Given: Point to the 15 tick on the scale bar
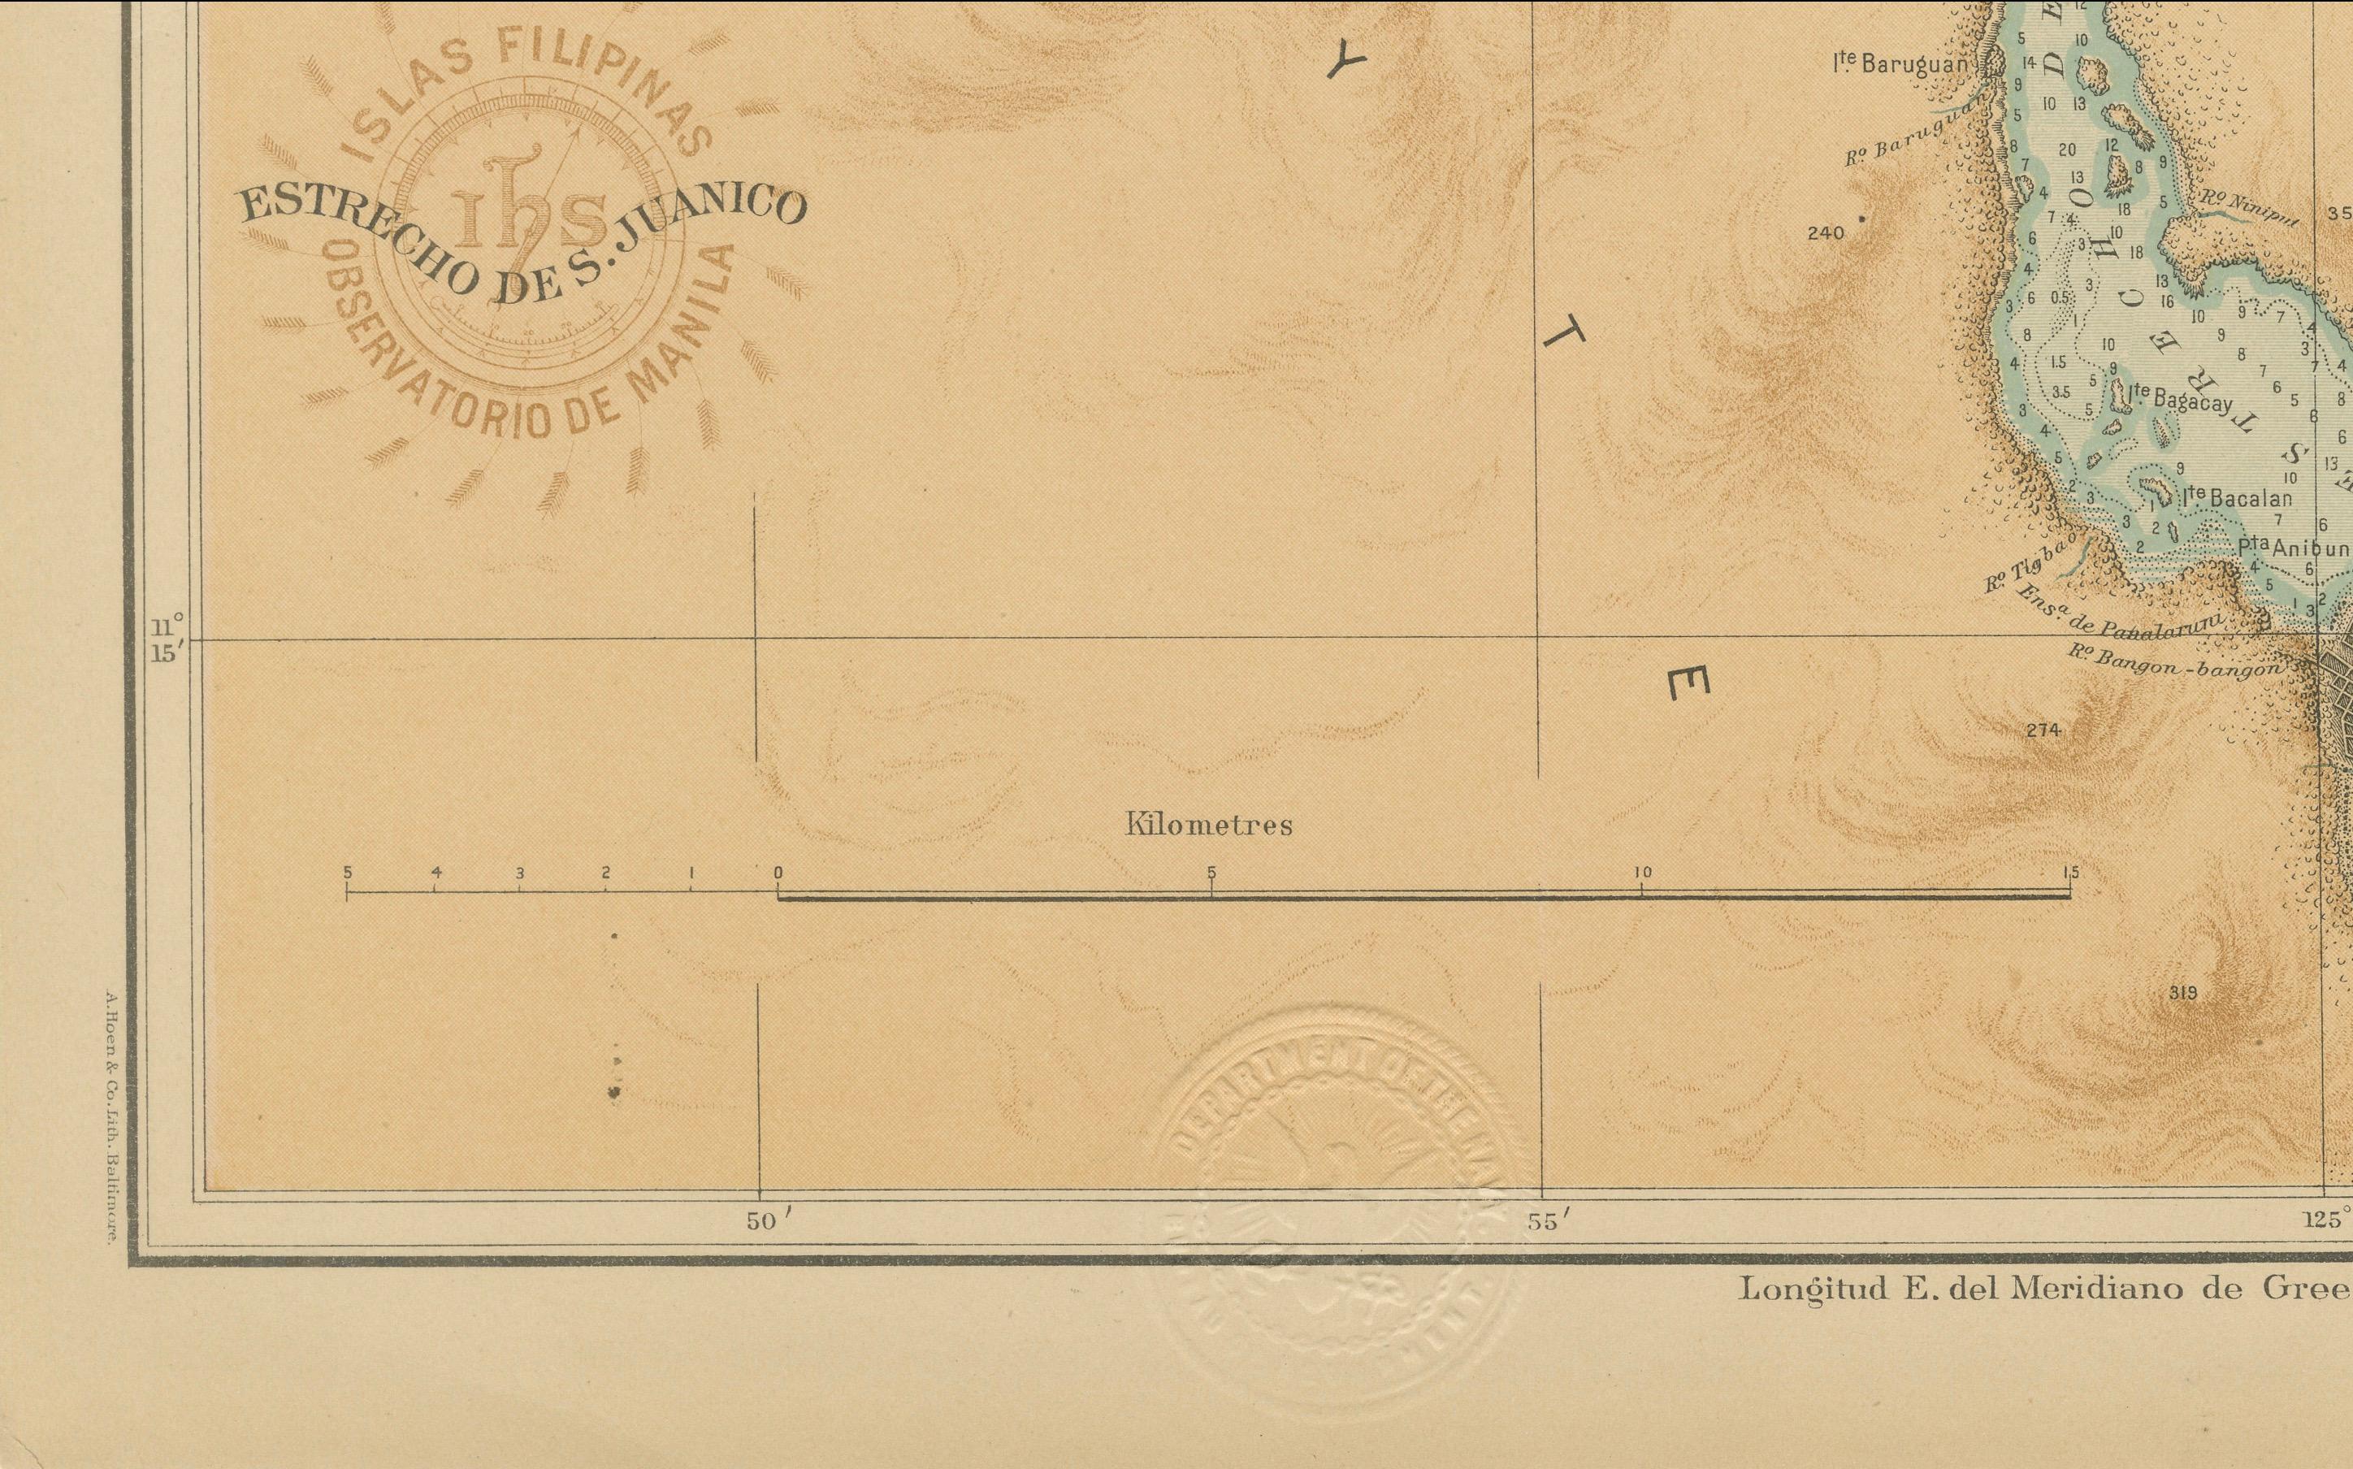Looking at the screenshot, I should click(2069, 873).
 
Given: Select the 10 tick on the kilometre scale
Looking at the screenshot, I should click(1642, 873).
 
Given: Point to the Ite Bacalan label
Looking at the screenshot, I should click(2234, 498).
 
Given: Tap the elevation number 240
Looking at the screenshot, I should click(1826, 233).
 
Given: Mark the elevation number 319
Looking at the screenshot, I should click(2182, 992).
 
